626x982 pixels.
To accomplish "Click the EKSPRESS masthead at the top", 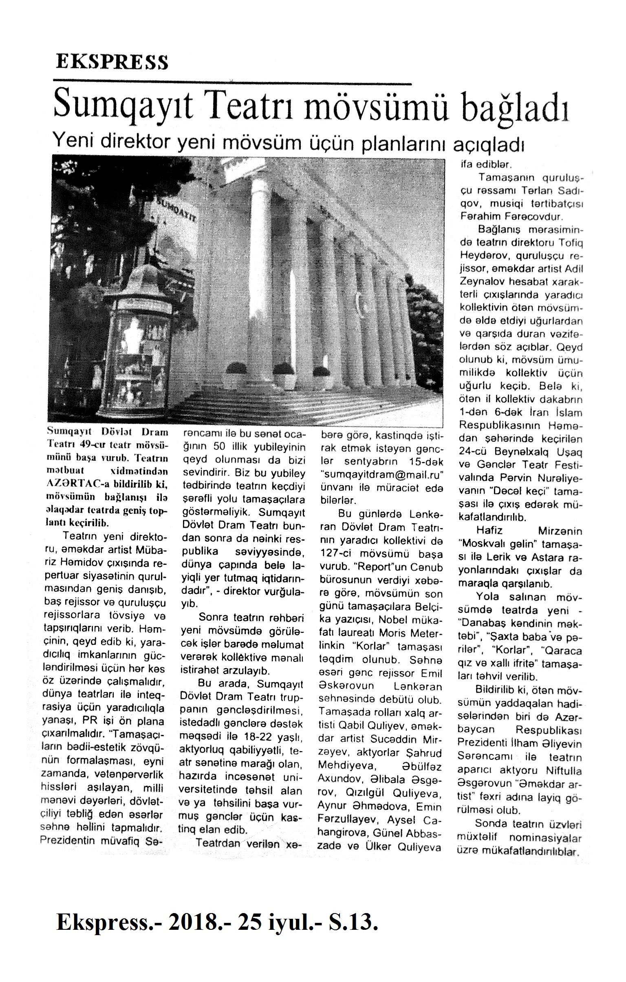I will pos(112,62).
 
